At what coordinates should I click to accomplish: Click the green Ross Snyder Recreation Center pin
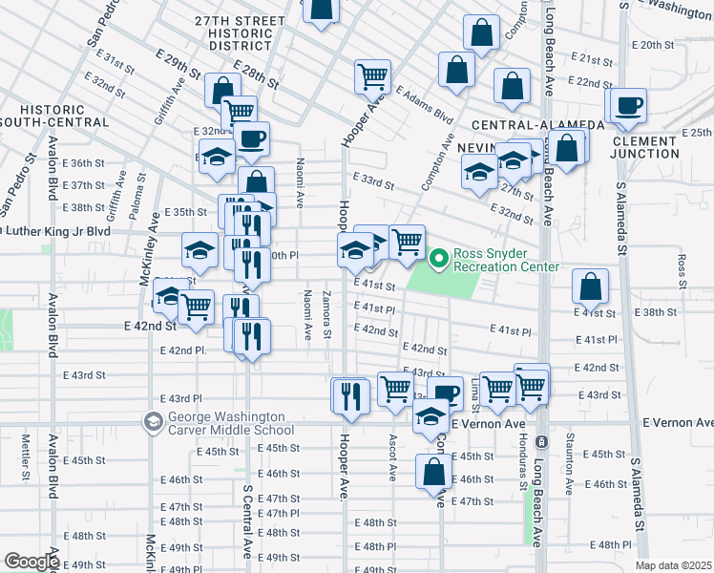pyautogui.click(x=439, y=258)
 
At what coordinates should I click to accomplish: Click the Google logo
pyautogui.click(x=31, y=562)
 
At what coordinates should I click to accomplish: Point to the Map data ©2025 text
pyautogui.click(x=673, y=565)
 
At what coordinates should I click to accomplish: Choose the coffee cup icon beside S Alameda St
pyautogui.click(x=629, y=105)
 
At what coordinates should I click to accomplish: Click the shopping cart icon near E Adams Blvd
pyautogui.click(x=373, y=75)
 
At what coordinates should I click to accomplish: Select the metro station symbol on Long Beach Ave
pyautogui.click(x=540, y=442)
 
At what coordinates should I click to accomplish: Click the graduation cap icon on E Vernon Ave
pyautogui.click(x=431, y=416)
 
